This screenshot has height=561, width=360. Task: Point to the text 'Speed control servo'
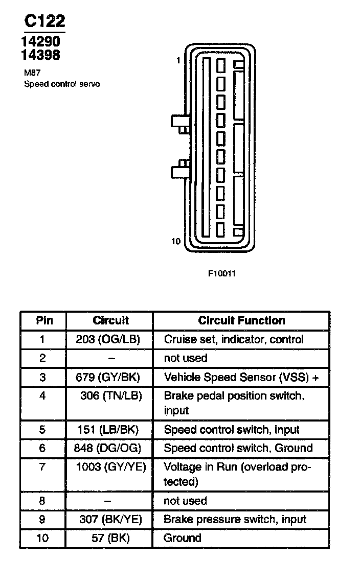(62, 84)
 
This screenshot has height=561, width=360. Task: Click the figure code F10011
(221, 273)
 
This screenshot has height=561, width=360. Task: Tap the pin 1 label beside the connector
(178, 60)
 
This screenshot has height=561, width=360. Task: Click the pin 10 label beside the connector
(176, 241)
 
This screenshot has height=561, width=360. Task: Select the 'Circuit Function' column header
(241, 321)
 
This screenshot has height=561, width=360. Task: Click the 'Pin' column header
(43, 321)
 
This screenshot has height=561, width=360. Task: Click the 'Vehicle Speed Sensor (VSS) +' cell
(241, 378)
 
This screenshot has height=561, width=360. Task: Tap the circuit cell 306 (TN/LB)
(111, 396)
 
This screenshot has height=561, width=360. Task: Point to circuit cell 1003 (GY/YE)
(111, 466)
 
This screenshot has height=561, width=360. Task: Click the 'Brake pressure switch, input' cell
(235, 520)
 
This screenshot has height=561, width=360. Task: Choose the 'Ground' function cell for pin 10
(182, 538)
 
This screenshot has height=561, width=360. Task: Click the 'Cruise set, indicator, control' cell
(234, 339)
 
